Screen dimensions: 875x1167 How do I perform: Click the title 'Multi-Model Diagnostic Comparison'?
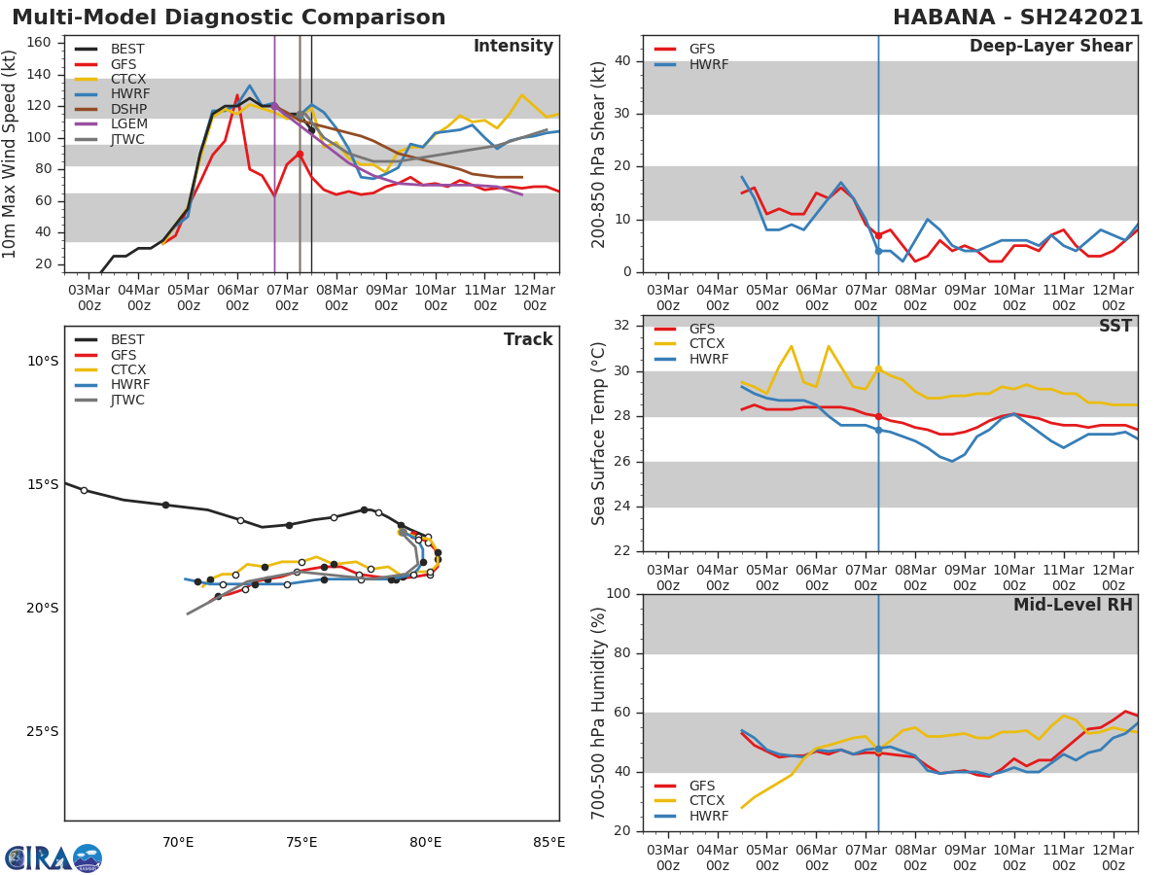coord(229,17)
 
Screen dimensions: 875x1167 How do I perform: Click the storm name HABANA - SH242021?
coord(1017,17)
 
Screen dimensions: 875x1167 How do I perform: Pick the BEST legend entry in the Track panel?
coord(127,340)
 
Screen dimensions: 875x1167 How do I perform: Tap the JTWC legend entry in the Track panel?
coord(127,401)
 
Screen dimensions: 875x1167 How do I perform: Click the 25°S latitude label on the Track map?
coord(42,732)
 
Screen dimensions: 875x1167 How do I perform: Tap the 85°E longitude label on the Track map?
coord(549,842)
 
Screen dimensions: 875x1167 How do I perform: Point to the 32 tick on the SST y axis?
coord(622,326)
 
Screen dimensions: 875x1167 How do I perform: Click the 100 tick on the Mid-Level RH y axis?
coord(619,594)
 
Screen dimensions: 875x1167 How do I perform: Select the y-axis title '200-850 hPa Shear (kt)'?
coord(600,154)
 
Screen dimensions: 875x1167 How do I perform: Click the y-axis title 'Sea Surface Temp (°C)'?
coord(600,434)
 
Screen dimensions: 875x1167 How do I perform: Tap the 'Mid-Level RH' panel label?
coord(1073,606)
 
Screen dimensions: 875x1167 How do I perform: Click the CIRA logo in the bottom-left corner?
coord(53,857)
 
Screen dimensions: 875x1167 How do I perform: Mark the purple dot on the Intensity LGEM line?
coord(274,106)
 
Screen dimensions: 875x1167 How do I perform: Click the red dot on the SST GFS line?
coord(878,416)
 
